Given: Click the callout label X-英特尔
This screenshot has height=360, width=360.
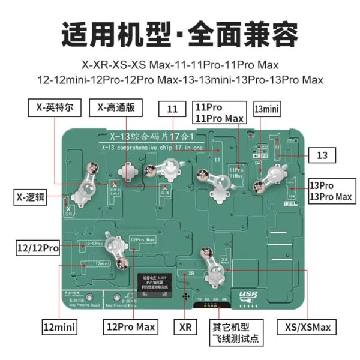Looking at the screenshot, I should pyautogui.click(x=54, y=108).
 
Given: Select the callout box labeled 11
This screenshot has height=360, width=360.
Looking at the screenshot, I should pyautogui.click(x=173, y=109).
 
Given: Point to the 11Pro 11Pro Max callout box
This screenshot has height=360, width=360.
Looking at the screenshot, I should pyautogui.click(x=220, y=112).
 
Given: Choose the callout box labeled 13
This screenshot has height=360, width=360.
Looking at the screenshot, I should pyautogui.click(x=323, y=155).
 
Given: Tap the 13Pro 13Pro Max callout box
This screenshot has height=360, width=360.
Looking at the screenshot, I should pyautogui.click(x=330, y=191).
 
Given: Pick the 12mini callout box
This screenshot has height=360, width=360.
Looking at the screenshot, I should pyautogui.click(x=58, y=328).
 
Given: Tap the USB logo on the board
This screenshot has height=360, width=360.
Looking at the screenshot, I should pyautogui.click(x=248, y=295).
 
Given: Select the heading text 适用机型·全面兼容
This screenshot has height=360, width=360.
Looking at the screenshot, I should pyautogui.click(x=180, y=33).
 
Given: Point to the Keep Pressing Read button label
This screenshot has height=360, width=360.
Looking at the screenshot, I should pyautogui.click(x=80, y=304).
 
